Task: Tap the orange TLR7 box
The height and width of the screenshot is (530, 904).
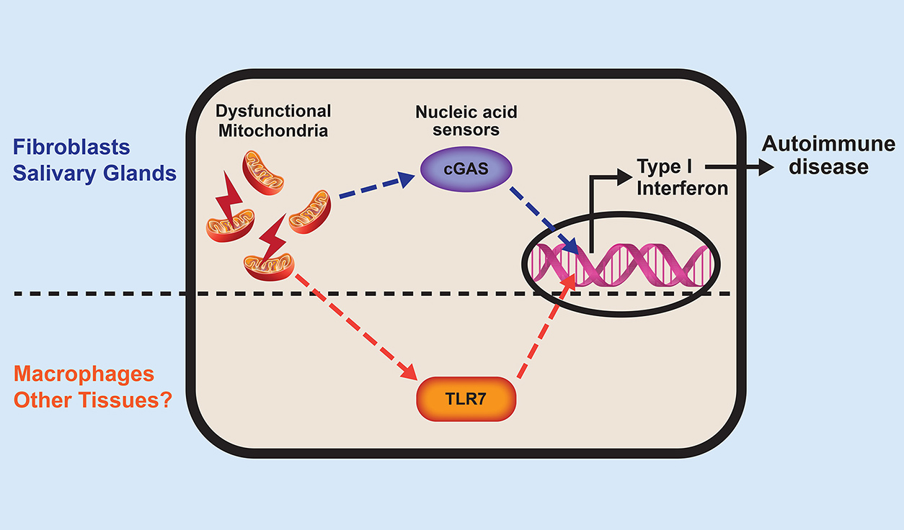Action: [466, 397]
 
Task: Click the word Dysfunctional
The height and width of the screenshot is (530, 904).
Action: [273, 112]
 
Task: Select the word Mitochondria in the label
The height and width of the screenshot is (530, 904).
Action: [273, 131]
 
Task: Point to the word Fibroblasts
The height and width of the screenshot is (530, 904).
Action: [71, 148]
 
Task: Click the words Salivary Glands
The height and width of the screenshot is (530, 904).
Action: [94, 174]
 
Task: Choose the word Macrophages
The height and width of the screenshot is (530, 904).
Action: [84, 374]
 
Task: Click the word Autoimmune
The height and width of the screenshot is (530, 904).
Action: [829, 145]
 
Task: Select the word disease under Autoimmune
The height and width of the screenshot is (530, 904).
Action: [829, 167]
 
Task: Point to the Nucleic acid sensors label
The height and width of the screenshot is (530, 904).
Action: [466, 121]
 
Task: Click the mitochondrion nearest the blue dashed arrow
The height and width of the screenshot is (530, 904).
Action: [310, 212]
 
